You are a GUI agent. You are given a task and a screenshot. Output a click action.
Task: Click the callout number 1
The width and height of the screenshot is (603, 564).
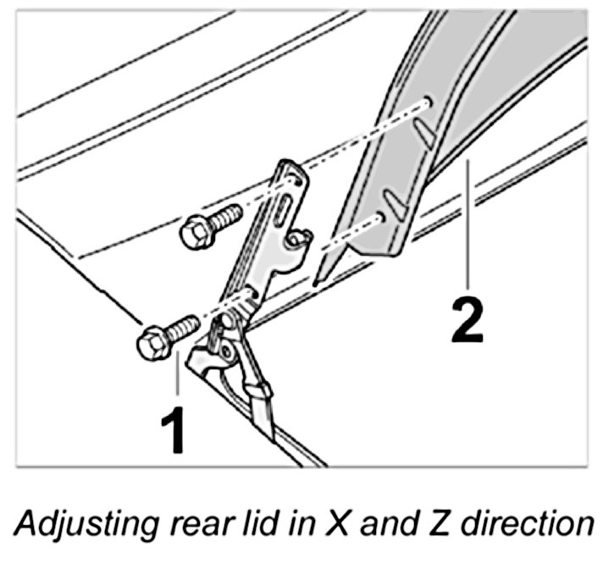pos(174,430)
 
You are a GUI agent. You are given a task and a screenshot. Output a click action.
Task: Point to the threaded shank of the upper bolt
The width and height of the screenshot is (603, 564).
pos(224,219)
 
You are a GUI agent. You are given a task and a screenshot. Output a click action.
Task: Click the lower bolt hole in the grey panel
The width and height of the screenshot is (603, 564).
pos(384,218)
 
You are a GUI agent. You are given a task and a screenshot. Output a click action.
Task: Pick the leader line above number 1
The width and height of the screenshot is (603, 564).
pos(178,377)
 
